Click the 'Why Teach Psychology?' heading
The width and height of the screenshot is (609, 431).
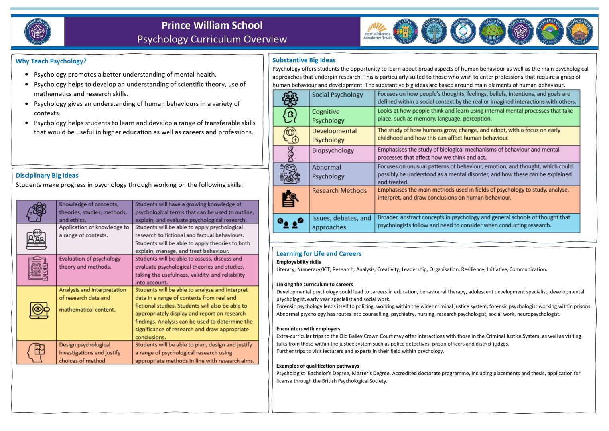click(51, 61)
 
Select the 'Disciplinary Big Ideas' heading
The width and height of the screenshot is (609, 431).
click(47, 175)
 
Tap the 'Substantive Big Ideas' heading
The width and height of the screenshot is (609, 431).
click(304, 60)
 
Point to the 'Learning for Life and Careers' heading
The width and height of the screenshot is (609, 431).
click(319, 254)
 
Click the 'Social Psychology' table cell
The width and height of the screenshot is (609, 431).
click(337, 95)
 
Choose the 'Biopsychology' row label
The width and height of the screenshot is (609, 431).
click(333, 150)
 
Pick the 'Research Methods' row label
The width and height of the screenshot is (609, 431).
click(339, 191)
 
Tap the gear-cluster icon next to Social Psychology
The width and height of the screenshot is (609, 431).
click(290, 98)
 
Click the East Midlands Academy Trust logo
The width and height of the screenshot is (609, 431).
click(377, 32)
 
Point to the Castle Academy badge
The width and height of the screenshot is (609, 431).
click(405, 32)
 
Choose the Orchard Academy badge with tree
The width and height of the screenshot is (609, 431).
click(492, 32)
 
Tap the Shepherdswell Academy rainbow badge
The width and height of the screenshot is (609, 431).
click(550, 32)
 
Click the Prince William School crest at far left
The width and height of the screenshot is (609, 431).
click(38, 32)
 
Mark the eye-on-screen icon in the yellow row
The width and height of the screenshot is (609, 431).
click(39, 310)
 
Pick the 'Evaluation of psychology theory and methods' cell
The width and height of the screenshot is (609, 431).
click(90, 263)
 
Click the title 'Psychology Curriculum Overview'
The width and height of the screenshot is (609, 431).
click(212, 39)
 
